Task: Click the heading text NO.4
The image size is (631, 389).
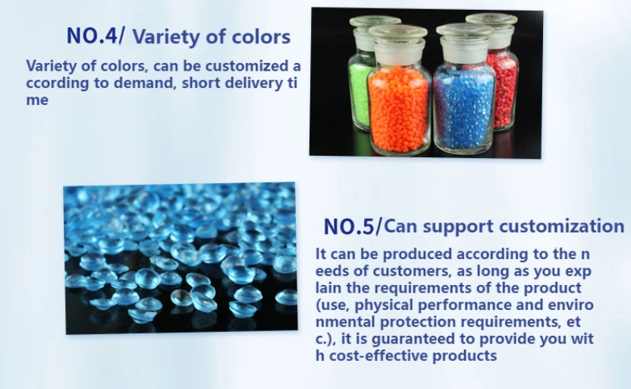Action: pos(91,36)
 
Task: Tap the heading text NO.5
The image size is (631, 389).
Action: pos(349,226)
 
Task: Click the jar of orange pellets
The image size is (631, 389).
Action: pos(399,90)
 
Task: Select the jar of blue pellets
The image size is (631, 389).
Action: pos(464,89)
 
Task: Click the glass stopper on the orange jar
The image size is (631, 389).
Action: pos(398,38)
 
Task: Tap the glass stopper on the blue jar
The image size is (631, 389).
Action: pos(465,36)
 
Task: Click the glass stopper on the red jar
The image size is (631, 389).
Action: pos(491,25)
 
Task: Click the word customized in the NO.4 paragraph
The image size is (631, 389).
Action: pos(246,65)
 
